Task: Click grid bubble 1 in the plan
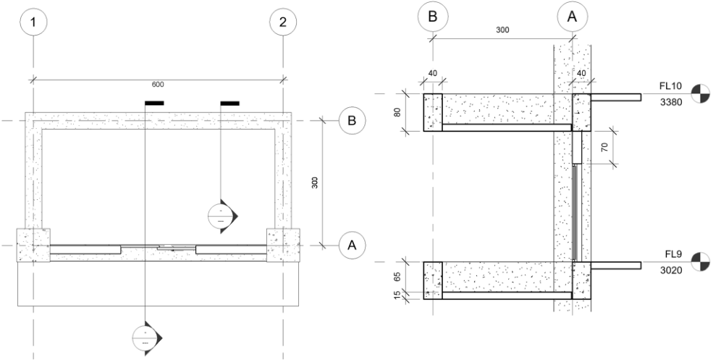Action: coord(33,22)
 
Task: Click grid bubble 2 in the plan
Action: coord(283,22)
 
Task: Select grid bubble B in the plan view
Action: coord(352,121)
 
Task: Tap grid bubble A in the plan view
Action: coord(352,246)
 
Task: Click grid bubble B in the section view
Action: coord(432,17)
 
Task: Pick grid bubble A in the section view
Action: coord(572,17)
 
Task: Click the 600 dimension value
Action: coord(158,84)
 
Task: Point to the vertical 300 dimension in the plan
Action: coord(315,183)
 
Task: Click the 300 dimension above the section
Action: coord(502,30)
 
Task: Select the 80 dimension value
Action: coord(397,112)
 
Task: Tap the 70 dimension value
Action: coord(604,148)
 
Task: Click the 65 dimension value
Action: coord(397,276)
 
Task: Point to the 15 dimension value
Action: coord(397,295)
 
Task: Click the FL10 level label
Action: coord(671,86)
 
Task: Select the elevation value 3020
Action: coord(671,270)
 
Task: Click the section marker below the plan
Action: coord(146,338)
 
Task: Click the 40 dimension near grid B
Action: coord(432,73)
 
